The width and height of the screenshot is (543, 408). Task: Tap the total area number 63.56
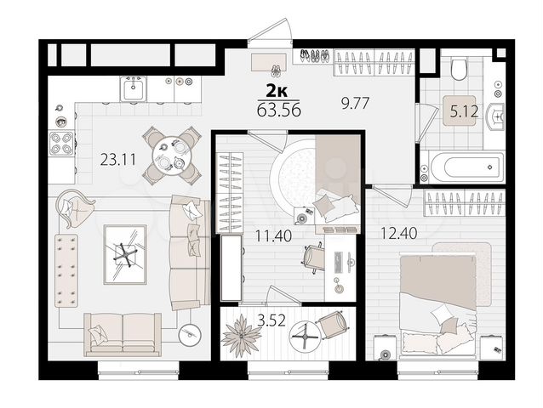tap(277, 109)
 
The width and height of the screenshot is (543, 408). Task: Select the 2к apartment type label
tap(277, 92)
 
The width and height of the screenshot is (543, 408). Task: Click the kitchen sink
tap(134, 87)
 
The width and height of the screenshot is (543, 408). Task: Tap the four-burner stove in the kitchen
tap(61, 141)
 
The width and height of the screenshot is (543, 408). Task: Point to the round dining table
tap(171, 155)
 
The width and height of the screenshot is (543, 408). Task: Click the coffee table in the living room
tap(125, 252)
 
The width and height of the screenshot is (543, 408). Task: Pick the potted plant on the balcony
tap(241, 335)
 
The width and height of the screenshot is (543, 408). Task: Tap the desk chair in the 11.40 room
tap(312, 255)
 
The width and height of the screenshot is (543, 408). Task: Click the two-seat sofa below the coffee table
tap(122, 332)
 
